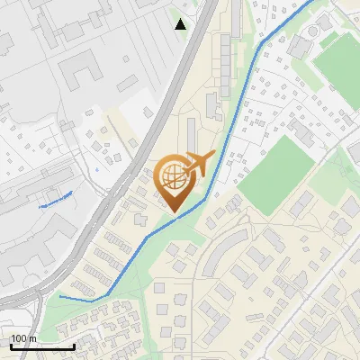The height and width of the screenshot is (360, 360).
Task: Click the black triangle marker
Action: click(x=181, y=24)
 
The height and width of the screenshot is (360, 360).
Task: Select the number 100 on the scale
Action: click(x=19, y=338)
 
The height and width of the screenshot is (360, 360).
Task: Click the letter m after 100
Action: click(x=32, y=338)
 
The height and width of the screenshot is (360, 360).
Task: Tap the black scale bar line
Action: click(x=42, y=346)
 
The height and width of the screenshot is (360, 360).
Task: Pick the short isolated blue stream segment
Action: click(x=56, y=200)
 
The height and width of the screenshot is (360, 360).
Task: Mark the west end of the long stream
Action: click(x=60, y=296)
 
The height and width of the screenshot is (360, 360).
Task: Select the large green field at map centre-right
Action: click(x=279, y=175)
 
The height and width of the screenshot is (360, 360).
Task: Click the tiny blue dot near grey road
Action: click(x=95, y=168)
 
